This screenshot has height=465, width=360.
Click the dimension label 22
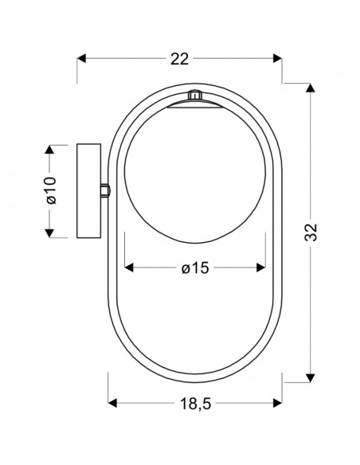[179, 59]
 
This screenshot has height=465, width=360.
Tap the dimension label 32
[311, 232]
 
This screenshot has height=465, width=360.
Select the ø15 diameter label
[195, 268]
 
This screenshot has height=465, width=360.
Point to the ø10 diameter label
[51, 190]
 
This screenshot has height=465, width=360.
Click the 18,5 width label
[195, 404]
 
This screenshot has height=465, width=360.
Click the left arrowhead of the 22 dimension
[81, 59]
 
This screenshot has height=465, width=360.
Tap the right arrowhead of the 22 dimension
[277, 59]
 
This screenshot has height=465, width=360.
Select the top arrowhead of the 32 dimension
[310, 88]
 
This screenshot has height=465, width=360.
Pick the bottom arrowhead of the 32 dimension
[310, 378]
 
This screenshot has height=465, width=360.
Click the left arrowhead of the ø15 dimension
[129, 268]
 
